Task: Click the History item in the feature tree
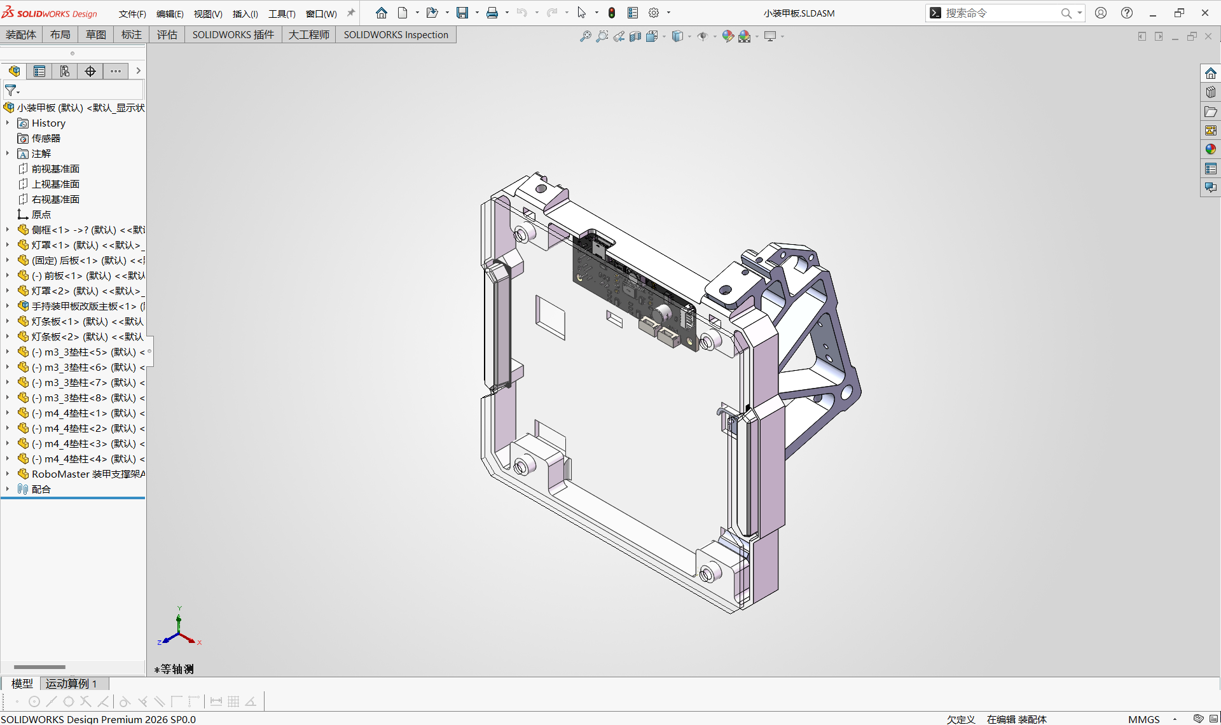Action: (x=48, y=123)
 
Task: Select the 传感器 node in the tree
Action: (x=46, y=138)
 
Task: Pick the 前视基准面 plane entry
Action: (x=55, y=169)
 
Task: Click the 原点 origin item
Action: (x=41, y=214)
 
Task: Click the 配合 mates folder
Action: (x=41, y=489)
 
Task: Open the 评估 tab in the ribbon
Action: (x=167, y=35)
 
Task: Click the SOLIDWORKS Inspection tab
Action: (x=396, y=35)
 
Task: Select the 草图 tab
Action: (x=96, y=35)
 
